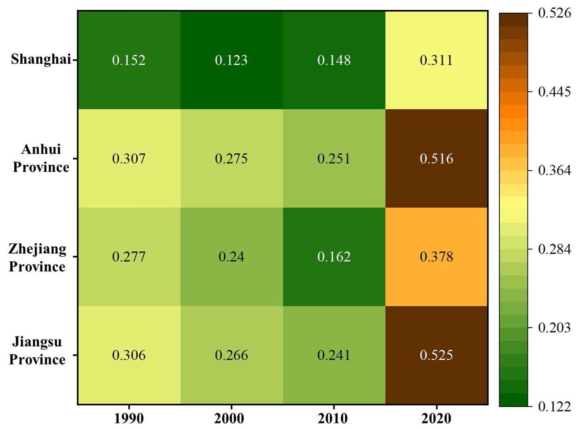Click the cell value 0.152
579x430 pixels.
tap(129, 60)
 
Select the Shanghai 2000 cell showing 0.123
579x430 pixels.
tap(231, 60)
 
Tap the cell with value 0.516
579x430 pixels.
tap(436, 159)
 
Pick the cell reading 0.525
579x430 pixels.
tap(436, 355)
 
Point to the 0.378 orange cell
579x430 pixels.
tap(436, 256)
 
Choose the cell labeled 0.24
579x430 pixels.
tap(231, 256)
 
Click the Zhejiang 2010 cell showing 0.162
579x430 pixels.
tap(334, 256)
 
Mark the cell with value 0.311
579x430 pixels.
tap(436, 60)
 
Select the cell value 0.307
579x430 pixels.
tap(129, 159)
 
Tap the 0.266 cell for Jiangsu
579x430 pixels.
tap(231, 355)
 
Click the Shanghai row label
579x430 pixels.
tap(41, 59)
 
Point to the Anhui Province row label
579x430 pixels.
tap(41, 158)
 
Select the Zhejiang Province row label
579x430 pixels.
tap(37, 257)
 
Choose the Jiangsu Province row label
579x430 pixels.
tap(37, 351)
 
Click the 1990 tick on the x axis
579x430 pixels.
tap(129, 418)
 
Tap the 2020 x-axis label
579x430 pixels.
tap(436, 418)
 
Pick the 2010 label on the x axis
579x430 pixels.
tap(334, 418)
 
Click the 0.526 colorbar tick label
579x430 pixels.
tap(554, 13)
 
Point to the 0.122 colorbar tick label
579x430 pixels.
tap(554, 406)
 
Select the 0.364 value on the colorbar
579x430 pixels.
tap(554, 170)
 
